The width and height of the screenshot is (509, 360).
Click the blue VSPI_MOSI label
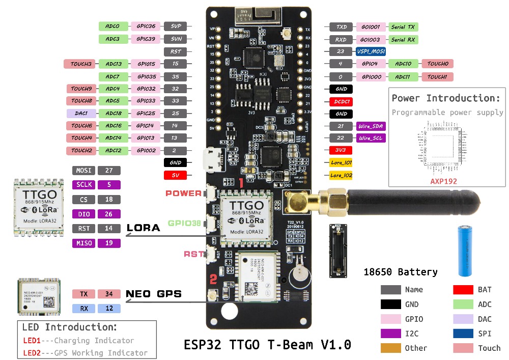click(x=371, y=51)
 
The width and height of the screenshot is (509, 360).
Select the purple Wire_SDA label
click(x=371, y=126)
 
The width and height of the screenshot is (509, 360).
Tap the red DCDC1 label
click(x=341, y=101)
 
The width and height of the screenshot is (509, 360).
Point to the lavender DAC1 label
click(x=81, y=114)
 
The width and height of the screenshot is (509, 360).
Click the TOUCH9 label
click(x=81, y=89)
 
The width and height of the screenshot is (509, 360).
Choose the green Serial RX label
click(x=404, y=39)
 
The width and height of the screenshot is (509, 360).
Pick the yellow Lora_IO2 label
click(x=341, y=175)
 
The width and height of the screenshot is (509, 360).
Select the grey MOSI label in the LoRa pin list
click(x=83, y=171)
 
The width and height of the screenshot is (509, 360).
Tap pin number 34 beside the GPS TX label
click(x=109, y=294)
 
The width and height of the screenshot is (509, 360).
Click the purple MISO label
click(x=83, y=243)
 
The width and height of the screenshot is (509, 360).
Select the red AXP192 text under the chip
click(x=443, y=181)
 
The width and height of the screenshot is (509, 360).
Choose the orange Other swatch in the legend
click(x=391, y=348)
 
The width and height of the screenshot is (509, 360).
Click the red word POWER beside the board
click(x=183, y=193)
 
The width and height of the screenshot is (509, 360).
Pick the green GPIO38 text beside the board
click(x=184, y=223)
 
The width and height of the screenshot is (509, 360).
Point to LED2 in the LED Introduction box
click(x=32, y=352)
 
